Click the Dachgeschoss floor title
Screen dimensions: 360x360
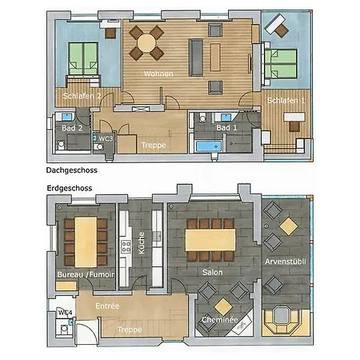[72, 170]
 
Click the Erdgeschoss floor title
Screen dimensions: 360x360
[70, 188]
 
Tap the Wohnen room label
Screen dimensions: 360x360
[158, 74]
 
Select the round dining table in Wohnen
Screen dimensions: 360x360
[146, 43]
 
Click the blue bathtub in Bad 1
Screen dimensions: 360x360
[209, 146]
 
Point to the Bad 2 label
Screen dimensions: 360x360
[72, 128]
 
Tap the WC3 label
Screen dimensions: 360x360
[106, 138]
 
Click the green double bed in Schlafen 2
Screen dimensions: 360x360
[83, 58]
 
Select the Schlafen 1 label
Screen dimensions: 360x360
[286, 101]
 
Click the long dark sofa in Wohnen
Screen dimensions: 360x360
[196, 58]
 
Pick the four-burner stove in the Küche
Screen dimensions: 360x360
[126, 246]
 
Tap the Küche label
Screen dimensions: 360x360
[142, 242]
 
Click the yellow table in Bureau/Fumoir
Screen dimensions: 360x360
[86, 242]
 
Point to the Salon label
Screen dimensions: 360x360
[212, 272]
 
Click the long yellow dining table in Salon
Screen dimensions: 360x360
[210, 240]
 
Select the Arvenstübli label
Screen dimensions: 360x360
[286, 262]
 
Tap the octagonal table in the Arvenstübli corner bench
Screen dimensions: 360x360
[281, 315]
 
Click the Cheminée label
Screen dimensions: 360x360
[220, 319]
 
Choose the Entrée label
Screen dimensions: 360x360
[107, 306]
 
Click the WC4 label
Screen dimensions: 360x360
[65, 312]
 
